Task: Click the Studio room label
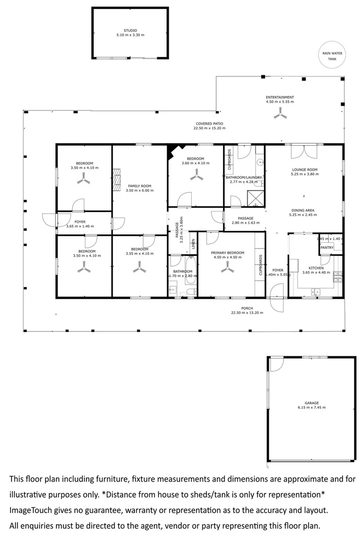(x=130, y=30)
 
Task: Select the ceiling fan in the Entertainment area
(x=280, y=115)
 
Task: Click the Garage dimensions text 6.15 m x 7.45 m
(x=312, y=408)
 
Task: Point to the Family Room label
(x=138, y=186)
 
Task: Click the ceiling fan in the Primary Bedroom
(x=227, y=269)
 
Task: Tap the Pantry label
(x=327, y=248)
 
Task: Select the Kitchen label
(x=317, y=268)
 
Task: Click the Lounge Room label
(x=305, y=170)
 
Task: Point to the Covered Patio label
(x=209, y=123)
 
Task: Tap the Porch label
(x=247, y=308)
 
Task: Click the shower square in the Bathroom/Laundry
(x=256, y=199)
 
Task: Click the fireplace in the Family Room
(x=117, y=180)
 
